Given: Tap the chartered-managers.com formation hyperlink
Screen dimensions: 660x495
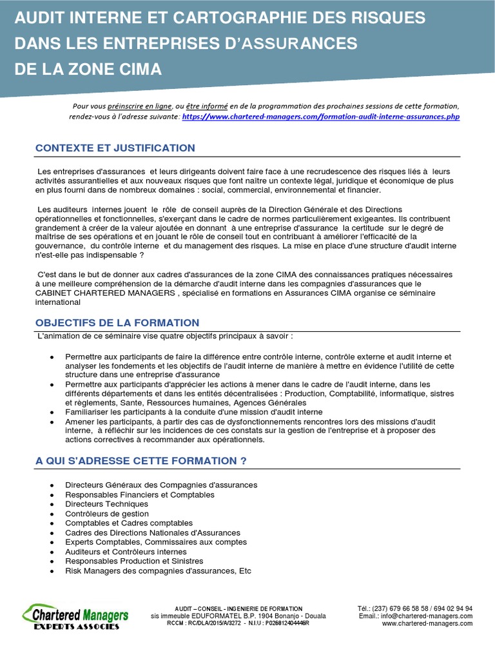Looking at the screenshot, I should (321, 117).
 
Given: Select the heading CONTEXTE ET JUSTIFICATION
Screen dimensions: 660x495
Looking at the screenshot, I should (115, 148).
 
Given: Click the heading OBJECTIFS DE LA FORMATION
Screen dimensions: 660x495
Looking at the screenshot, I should (117, 323).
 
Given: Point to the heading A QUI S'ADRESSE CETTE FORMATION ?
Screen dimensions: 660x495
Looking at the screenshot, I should (141, 461).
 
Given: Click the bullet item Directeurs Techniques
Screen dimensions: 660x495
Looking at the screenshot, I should (106, 504).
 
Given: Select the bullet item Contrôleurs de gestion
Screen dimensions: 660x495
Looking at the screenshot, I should (107, 514).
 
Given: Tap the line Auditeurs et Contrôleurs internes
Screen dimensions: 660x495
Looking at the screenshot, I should (126, 552).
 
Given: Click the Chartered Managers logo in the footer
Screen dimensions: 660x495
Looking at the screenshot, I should (76, 614).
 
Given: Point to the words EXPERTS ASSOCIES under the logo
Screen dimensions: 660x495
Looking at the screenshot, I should (76, 626).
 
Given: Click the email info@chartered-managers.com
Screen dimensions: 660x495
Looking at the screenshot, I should (426, 616).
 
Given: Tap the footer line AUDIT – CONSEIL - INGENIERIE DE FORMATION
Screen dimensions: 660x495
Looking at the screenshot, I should (238, 608).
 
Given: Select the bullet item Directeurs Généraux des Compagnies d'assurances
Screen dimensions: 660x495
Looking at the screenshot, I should (161, 485).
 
